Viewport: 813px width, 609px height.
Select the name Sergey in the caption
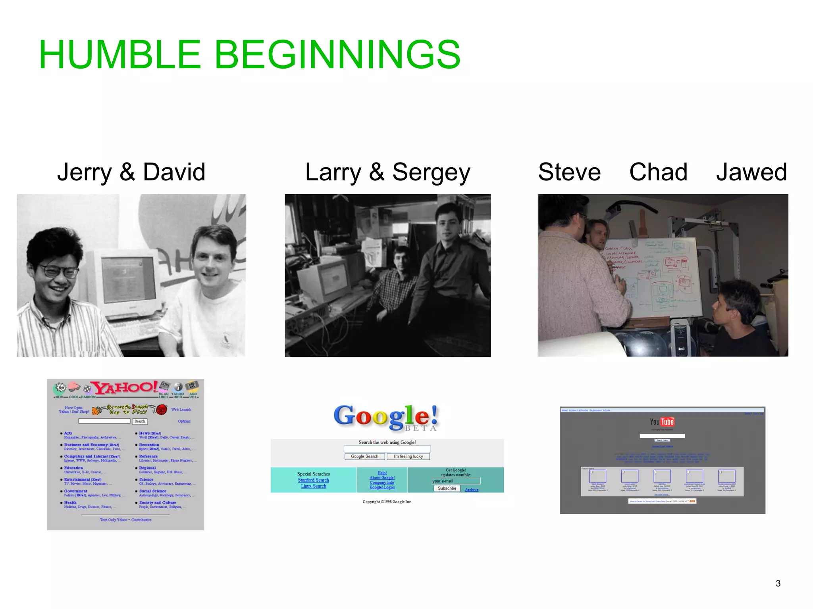coord(431,172)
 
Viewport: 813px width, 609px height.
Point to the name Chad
coord(658,172)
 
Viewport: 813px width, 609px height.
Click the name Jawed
coord(751,172)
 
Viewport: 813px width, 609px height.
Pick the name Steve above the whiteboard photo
coord(569,172)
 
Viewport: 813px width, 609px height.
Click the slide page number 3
coord(778,583)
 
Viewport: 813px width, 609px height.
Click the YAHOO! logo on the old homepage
coord(125,388)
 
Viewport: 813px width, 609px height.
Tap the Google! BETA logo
coord(386,417)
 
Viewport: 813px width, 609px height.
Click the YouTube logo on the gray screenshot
coord(662,422)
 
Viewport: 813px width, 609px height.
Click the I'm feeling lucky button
coord(408,456)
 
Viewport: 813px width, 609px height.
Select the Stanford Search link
coord(313,480)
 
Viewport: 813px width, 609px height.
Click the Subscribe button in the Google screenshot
coord(447,488)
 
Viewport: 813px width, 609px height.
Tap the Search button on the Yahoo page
coord(140,421)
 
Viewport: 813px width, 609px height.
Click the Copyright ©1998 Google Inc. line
coord(387,502)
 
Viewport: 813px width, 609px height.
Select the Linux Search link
coord(313,486)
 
